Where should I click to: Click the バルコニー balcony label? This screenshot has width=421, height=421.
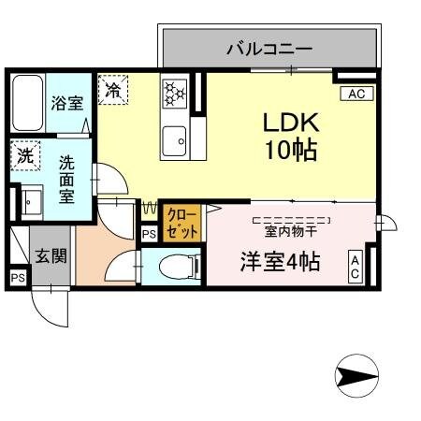click(x=269, y=48)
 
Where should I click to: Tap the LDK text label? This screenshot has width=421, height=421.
click(x=290, y=123)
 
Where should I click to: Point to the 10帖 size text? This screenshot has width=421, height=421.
click(x=290, y=150)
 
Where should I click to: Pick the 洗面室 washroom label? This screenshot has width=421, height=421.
click(x=67, y=179)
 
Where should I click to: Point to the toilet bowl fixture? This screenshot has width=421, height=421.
click(x=178, y=265)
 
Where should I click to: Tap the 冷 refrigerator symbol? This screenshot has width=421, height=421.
click(x=113, y=91)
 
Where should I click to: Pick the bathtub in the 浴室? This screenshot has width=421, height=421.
click(x=26, y=105)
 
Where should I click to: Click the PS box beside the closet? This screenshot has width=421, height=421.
click(x=149, y=234)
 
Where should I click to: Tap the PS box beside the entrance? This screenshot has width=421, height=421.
click(x=17, y=277)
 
